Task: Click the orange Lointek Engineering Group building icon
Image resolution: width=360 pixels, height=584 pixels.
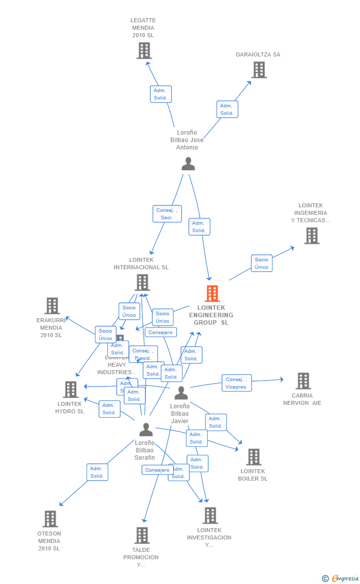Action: (212, 293)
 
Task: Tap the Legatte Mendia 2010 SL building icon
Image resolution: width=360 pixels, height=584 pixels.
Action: (144, 50)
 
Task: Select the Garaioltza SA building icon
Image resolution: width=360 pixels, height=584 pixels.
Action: (259, 70)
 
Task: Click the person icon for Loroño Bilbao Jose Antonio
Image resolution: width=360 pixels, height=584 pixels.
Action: (188, 164)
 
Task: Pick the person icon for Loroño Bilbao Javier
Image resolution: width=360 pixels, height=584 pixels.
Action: (181, 393)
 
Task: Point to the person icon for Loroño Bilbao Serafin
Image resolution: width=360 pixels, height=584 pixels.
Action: (145, 429)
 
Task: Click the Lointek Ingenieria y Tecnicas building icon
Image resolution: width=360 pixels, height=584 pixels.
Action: (312, 236)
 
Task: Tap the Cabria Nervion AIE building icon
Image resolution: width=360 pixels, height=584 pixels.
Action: (303, 381)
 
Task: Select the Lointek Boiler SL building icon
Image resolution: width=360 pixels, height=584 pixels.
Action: (253, 457)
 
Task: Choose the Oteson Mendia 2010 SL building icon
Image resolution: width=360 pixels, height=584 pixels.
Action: (50, 519)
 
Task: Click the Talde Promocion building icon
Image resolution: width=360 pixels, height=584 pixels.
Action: (142, 535)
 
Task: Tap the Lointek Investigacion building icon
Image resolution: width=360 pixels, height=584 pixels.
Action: (210, 515)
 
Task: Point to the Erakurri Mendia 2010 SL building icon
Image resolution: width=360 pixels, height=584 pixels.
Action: (52, 306)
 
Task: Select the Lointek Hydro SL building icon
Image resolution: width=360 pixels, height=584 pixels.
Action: (71, 389)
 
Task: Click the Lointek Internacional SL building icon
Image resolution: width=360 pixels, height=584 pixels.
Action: (142, 283)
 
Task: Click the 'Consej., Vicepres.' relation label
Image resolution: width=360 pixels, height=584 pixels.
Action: (236, 383)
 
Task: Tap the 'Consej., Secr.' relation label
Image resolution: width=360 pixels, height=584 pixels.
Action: (167, 214)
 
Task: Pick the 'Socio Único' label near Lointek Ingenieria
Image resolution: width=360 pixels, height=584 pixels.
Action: (262, 263)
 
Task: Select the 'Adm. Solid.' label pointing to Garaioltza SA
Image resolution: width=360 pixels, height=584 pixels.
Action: (227, 109)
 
